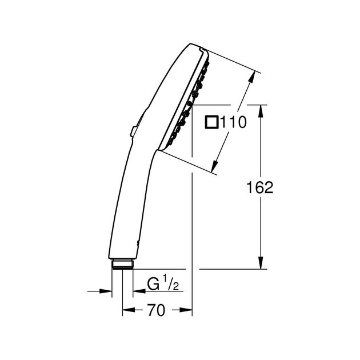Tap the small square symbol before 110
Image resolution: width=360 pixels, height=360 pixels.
211,122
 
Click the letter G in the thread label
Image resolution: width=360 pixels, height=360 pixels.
153,284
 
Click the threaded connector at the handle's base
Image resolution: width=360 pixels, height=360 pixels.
122,263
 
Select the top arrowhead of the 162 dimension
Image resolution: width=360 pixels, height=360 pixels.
261,110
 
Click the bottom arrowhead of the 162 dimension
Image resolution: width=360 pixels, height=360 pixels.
261,263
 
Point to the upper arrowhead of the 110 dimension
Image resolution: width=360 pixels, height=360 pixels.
252,80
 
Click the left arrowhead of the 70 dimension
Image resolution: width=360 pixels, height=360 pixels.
127,311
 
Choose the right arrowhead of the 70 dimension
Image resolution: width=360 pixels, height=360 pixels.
188,311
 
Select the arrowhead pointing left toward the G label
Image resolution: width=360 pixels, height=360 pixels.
137,291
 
